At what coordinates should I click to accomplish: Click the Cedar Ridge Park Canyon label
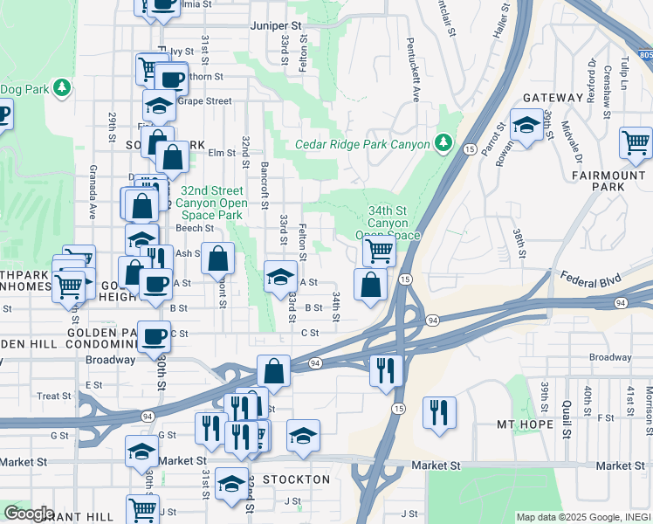[x=362, y=144]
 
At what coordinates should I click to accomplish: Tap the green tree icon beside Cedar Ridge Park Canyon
[x=443, y=142]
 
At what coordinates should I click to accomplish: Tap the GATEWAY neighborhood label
[x=553, y=98]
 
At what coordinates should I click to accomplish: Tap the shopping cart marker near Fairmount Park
[x=636, y=142]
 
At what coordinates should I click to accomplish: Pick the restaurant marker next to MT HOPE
[x=439, y=412]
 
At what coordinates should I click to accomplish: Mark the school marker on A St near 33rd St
[x=279, y=276]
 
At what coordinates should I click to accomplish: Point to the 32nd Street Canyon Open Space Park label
[x=211, y=203]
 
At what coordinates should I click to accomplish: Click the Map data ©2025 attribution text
[x=581, y=517]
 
